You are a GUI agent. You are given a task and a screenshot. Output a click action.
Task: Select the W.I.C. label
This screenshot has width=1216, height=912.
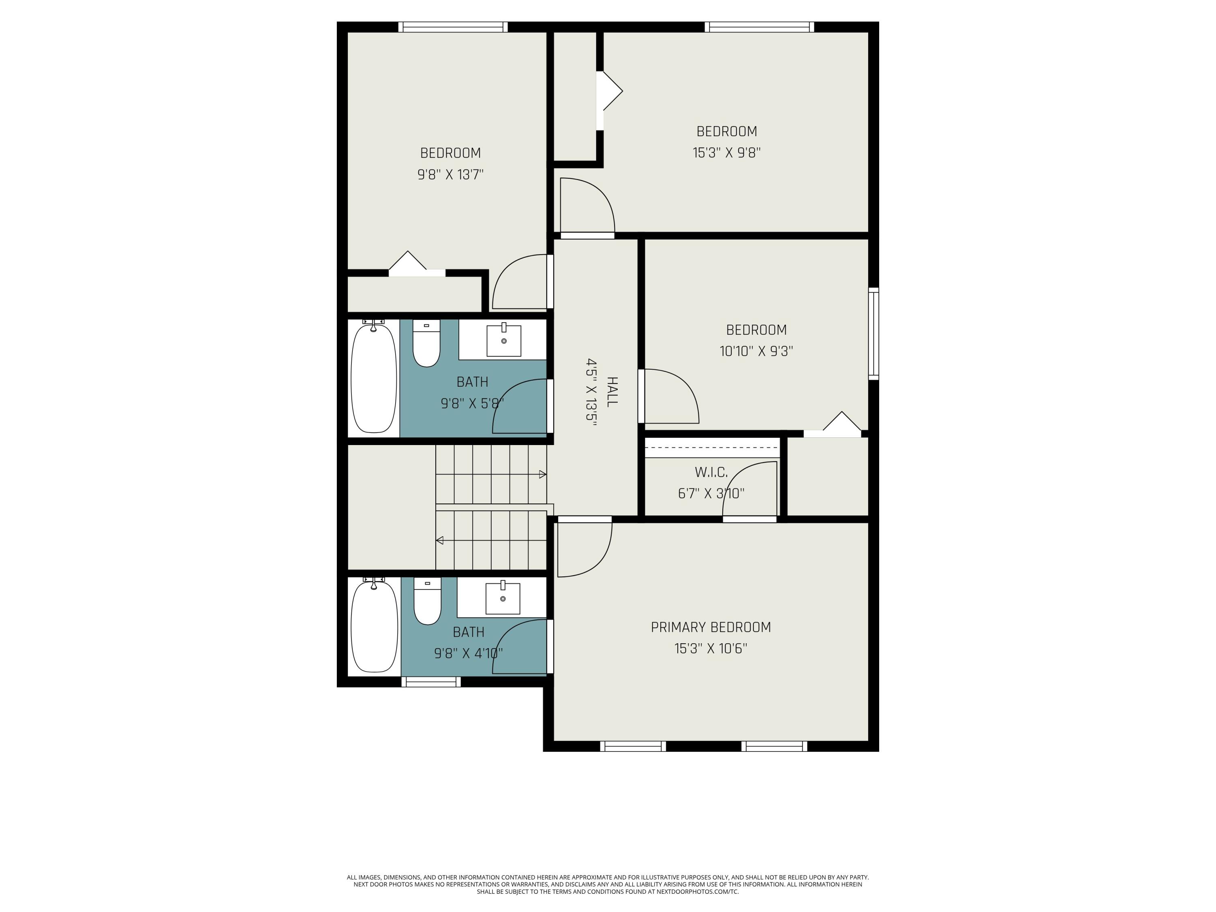pos(711,472)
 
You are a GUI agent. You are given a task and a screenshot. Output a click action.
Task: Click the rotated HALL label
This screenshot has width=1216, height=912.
pos(611,392)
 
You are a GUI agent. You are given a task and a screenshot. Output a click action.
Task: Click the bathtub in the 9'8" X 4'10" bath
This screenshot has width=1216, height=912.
pos(374,626)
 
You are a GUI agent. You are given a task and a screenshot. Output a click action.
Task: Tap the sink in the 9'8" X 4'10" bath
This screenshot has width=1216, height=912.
pos(503,598)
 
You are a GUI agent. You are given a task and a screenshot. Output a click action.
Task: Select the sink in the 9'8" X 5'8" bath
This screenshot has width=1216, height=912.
pos(503,341)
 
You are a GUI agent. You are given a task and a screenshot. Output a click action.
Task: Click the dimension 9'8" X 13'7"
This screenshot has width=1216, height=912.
pos(450,175)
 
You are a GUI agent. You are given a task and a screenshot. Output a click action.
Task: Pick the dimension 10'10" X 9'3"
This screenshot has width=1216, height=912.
pos(756,351)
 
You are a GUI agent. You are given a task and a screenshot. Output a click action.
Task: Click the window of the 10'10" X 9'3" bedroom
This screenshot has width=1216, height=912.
pos(873,334)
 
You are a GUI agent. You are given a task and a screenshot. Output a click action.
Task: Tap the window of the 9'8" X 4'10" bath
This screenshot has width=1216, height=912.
pos(430,682)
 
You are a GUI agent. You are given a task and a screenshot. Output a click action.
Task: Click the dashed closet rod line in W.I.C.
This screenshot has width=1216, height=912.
pos(711,447)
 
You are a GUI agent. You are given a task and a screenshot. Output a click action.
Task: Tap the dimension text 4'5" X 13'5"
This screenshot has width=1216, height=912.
pos(591,392)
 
